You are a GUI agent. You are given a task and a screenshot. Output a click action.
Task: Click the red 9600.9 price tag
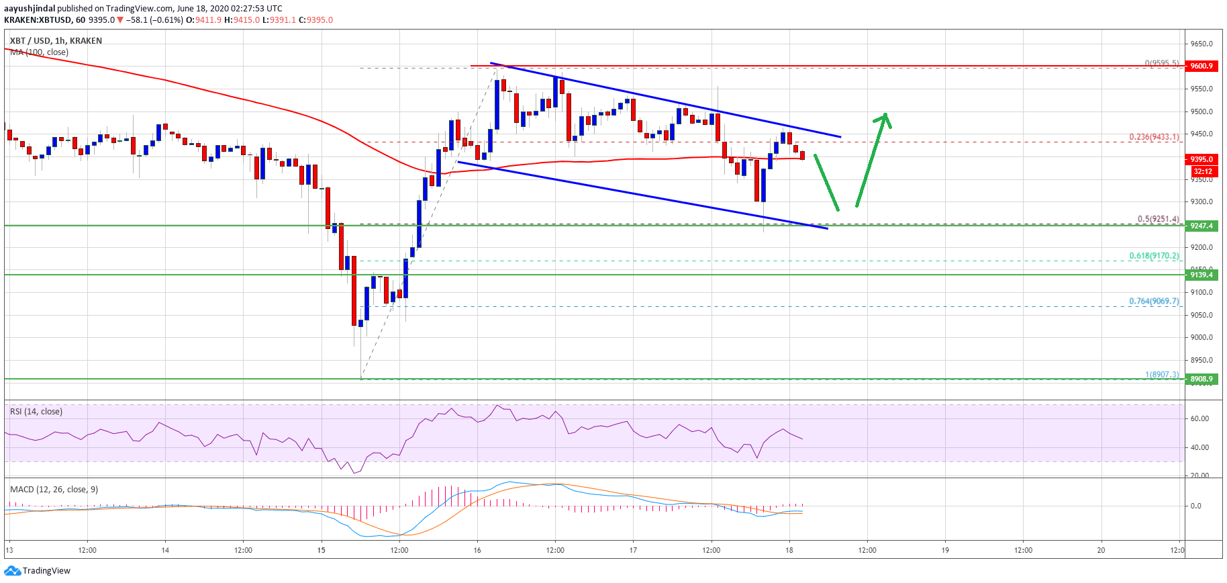click(1201, 66)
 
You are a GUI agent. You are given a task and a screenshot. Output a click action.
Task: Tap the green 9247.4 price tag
click(1201, 226)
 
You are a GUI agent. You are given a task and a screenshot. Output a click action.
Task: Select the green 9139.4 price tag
click(1201, 275)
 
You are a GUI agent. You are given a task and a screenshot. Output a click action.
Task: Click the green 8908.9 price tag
click(1201, 379)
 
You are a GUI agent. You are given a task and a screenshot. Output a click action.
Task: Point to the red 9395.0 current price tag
click(1201, 159)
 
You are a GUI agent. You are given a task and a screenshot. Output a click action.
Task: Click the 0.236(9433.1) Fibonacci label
click(1153, 137)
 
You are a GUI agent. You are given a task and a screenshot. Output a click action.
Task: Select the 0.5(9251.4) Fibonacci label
click(1157, 219)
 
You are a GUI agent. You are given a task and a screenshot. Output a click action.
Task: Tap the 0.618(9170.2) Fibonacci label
click(1153, 256)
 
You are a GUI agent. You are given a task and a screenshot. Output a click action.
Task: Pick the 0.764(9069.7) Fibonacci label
click(1153, 302)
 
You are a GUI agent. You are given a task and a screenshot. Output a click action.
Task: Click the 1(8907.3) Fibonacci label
click(1161, 375)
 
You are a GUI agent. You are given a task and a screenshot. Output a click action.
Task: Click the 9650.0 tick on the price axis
click(1201, 44)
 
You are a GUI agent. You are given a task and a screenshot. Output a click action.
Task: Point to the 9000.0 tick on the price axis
click(1201, 337)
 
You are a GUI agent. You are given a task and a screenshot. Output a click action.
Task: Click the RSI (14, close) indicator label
click(36, 412)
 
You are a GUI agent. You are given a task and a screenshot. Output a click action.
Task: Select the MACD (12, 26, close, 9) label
click(54, 490)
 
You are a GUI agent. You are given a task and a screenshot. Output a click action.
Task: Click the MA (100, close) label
click(39, 52)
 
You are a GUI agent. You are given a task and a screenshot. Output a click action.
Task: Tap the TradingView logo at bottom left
click(38, 571)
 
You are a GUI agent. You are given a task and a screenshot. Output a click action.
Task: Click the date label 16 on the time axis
click(477, 550)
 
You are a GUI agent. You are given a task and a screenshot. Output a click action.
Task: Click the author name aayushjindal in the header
click(30, 9)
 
